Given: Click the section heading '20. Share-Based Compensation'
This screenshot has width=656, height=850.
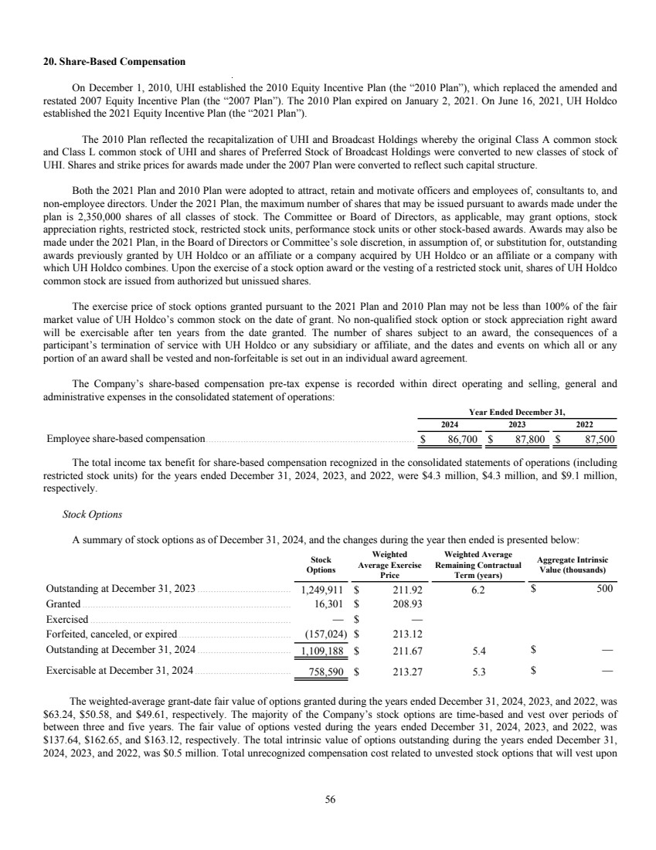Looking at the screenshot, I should point(113,61).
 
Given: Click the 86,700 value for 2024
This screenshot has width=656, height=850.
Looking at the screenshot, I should point(461,440).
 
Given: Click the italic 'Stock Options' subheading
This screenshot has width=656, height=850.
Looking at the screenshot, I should point(91,514).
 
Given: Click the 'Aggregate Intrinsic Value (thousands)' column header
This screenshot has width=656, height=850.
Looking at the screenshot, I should point(570,565).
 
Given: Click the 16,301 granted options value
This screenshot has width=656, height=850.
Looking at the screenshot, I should point(331,603).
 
